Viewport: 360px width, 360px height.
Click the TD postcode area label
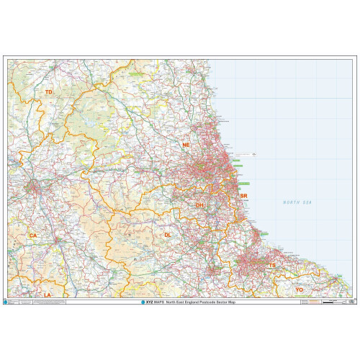tap(48, 93)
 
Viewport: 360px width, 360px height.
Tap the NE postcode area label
tap(186, 145)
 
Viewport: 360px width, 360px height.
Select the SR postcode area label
tap(243, 196)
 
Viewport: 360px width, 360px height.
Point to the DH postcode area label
tap(200, 205)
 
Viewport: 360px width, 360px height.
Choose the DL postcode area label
tap(167, 235)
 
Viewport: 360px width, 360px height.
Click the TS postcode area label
tap(271, 266)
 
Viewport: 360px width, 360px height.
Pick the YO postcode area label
tap(299, 289)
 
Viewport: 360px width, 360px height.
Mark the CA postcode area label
tap(32, 235)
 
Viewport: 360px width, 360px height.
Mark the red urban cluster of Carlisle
tap(34, 189)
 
